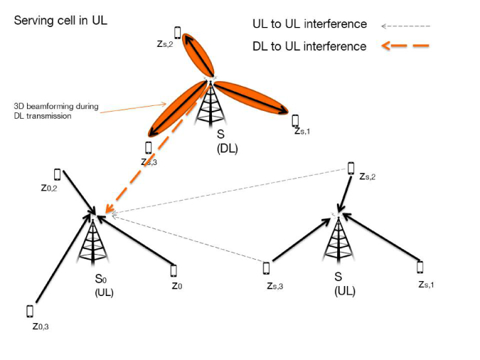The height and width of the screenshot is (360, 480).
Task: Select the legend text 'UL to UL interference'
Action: (x=309, y=24)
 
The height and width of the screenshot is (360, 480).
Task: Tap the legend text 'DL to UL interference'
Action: (x=309, y=46)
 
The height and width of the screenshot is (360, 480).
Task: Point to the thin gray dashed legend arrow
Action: (x=405, y=26)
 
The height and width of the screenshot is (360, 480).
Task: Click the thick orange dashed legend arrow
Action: (x=405, y=48)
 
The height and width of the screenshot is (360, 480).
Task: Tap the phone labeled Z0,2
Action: (x=57, y=174)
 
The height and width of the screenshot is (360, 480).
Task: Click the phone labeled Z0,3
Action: (x=30, y=311)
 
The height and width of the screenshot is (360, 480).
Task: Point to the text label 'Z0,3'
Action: (x=40, y=327)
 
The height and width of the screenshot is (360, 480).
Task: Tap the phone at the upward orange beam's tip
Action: (x=178, y=32)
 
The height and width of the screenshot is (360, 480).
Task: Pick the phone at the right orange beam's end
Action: (x=294, y=120)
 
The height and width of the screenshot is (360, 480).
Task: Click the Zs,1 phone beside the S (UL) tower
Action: (x=420, y=267)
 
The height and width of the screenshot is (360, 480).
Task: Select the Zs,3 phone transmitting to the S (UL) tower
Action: (x=266, y=268)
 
